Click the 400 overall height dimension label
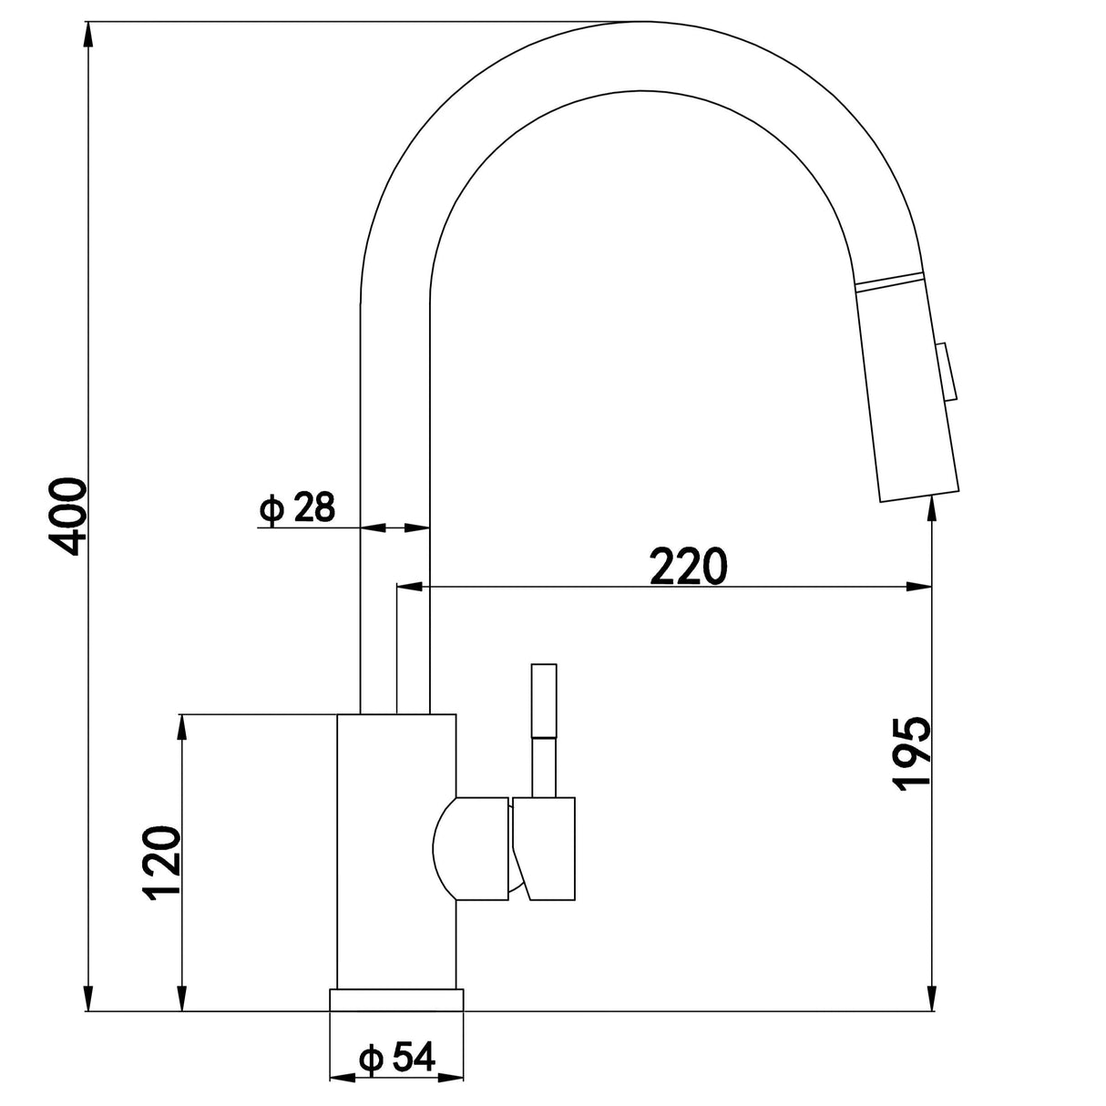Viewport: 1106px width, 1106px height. coord(69,515)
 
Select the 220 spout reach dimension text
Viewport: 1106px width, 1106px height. coord(689,567)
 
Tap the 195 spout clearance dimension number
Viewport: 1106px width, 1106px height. coord(910,753)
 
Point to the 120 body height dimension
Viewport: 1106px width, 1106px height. coord(161,864)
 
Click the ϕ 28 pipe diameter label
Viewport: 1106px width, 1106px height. coord(298,507)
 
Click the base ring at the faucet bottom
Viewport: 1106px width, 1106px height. coord(396,999)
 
